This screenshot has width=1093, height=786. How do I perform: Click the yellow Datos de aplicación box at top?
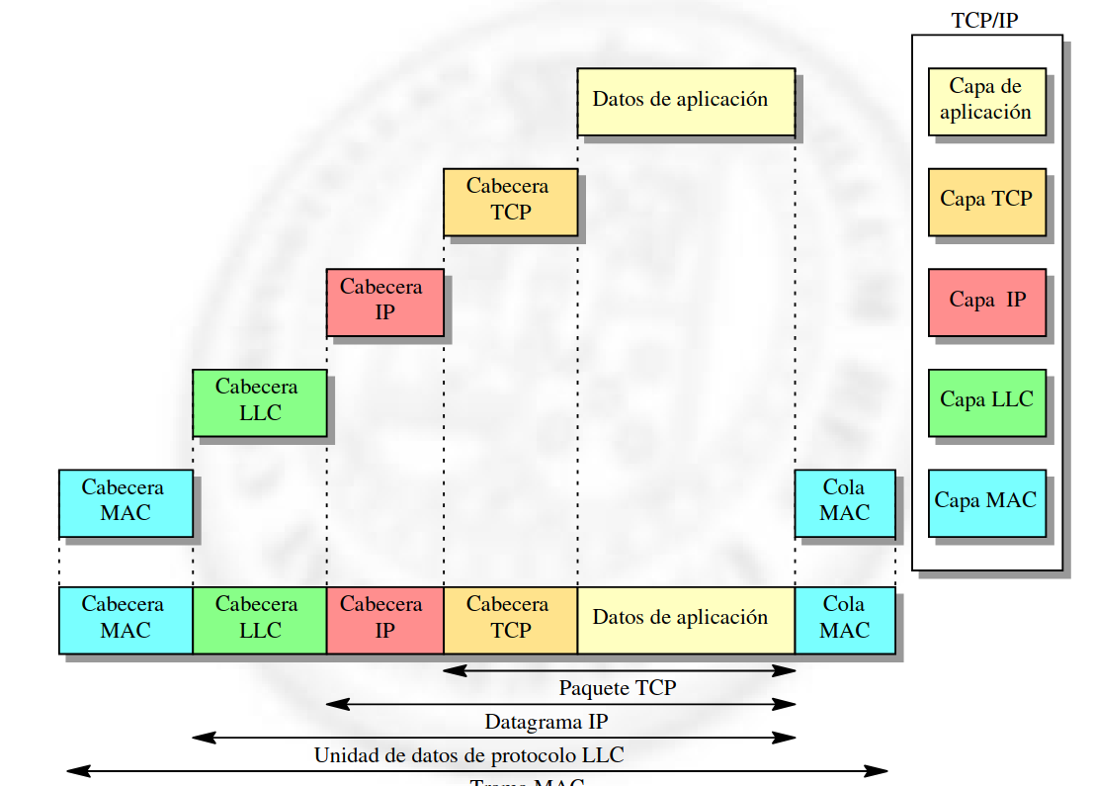(686, 101)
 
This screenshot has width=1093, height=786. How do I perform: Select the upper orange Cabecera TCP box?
(510, 202)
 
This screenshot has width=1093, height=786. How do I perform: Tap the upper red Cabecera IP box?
(384, 303)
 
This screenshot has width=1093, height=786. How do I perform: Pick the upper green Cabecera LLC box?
(259, 402)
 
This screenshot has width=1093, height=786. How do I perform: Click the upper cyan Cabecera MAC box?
(126, 503)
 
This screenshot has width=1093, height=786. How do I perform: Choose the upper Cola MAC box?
(845, 503)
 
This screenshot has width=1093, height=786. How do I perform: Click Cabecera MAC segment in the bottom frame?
(126, 620)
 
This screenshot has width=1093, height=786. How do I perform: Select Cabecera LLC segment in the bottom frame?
(259, 620)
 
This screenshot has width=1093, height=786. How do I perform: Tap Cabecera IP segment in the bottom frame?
(384, 620)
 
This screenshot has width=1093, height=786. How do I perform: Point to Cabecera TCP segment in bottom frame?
(510, 620)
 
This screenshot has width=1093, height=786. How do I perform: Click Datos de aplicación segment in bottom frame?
(686, 620)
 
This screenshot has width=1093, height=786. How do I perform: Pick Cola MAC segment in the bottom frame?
(845, 620)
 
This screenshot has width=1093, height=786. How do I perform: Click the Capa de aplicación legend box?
(986, 101)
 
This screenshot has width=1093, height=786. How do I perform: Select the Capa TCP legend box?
(986, 201)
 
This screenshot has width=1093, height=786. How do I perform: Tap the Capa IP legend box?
(986, 302)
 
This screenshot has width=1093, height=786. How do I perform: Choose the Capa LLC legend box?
(986, 402)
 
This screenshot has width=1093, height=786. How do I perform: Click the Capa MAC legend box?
(986, 502)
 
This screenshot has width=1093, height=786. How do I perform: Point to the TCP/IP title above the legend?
(984, 20)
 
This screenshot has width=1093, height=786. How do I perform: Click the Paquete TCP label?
(618, 688)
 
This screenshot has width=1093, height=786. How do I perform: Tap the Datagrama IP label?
(546, 722)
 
